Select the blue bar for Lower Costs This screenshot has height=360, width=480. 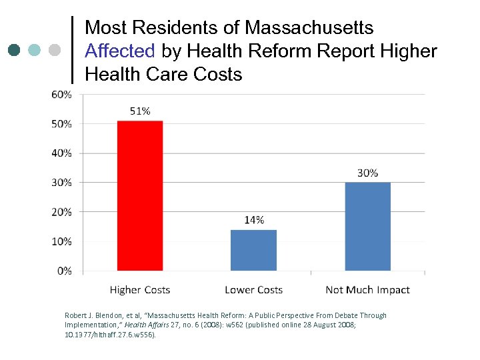[253, 250]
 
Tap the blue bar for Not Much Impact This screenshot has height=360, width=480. [367, 226]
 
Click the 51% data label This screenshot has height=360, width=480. [140, 111]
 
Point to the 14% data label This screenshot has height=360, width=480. [253, 220]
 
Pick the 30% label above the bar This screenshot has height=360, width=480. [367, 173]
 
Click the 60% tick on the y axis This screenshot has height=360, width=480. [61, 94]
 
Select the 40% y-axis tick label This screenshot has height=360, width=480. [61, 153]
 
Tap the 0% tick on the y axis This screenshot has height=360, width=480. [64, 271]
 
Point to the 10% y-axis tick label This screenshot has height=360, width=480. [61, 241]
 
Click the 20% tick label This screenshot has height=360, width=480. [61, 212]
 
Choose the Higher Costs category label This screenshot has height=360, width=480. [140, 290]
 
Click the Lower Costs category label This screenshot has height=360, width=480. [253, 290]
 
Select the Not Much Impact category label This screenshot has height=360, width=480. [367, 290]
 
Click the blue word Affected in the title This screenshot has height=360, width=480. [120, 51]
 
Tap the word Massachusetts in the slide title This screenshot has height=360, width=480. [309, 28]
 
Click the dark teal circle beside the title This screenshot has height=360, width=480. [15, 50]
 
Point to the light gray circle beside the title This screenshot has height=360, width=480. [55, 50]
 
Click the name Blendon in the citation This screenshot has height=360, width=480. [114, 315]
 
